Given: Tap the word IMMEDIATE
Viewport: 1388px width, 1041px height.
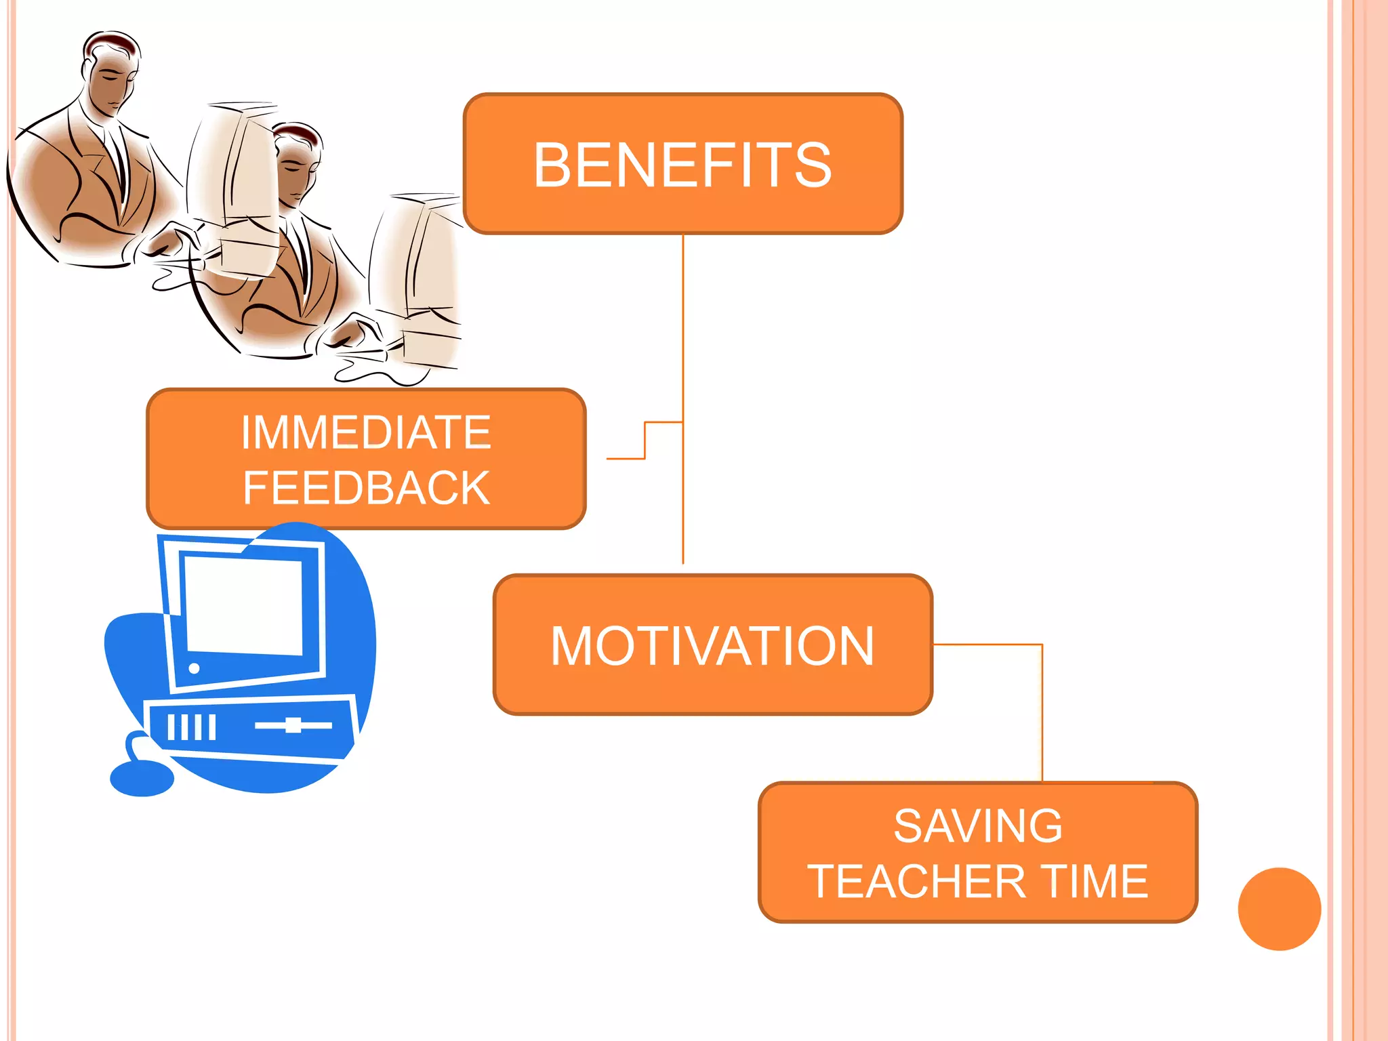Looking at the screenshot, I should tap(366, 432).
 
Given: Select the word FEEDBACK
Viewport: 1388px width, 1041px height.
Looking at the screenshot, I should tap(366, 488).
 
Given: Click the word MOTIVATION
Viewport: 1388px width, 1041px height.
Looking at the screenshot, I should tap(712, 646).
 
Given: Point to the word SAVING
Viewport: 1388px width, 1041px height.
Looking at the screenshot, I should tap(978, 826).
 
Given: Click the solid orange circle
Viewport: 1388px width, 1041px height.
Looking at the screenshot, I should tap(1279, 909).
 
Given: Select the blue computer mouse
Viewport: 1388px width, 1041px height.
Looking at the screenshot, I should tap(142, 779).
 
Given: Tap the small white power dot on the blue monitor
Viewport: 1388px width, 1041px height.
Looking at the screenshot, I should tap(194, 668).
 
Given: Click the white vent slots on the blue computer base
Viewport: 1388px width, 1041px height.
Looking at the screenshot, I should tap(192, 727).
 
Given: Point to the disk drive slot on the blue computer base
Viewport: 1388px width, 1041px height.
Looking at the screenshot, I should tap(293, 725).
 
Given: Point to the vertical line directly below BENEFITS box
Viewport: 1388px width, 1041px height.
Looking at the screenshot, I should tap(683, 325).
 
